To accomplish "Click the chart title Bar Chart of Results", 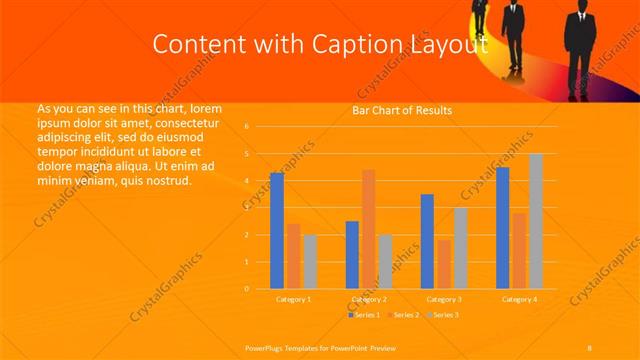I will pos(402,110).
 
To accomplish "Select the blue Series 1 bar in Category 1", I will pos(277,231).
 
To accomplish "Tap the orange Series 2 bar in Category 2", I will pos(368,229).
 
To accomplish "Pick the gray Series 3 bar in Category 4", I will pos(535,221).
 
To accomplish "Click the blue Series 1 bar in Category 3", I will pos(427,241).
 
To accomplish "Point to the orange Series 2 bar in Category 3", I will pos(444,264).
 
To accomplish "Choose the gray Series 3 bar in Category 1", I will pos(309,261).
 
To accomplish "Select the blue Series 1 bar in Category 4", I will pos(502,228).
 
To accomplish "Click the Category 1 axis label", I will pos(293,299).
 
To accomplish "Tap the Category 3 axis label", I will pos(443,299).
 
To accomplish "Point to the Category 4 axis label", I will pos(518,299).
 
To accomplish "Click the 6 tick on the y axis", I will pos(246,127).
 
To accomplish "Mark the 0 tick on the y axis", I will pos(246,289).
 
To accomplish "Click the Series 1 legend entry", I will pos(366,315).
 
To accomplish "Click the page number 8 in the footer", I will pos(590,347).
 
